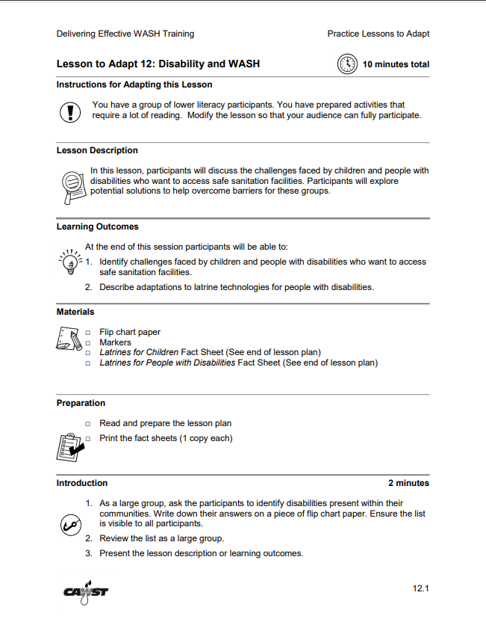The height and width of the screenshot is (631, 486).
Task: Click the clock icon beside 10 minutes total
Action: tap(348, 64)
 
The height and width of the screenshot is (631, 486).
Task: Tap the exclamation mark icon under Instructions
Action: tap(69, 111)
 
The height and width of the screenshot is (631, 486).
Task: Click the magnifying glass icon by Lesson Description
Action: tap(71, 185)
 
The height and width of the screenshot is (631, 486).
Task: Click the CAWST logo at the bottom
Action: tap(86, 590)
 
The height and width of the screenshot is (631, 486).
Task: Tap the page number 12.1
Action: tap(421, 588)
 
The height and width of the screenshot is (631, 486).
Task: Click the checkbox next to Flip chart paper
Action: tap(88, 333)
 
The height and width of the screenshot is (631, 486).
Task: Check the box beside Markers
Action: tap(88, 343)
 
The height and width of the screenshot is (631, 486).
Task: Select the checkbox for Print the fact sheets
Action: tap(88, 438)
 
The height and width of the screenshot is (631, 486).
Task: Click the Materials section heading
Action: tap(75, 312)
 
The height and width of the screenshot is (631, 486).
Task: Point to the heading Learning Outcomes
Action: tap(97, 227)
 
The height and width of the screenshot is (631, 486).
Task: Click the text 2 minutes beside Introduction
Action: tap(408, 483)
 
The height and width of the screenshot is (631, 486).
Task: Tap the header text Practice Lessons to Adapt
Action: tap(378, 34)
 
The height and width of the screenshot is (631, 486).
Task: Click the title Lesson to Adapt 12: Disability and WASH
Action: tap(158, 64)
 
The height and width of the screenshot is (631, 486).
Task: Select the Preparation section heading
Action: tap(81, 403)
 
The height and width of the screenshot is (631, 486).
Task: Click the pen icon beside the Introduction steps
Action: tap(69, 525)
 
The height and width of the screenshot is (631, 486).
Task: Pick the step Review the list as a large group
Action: tap(161, 538)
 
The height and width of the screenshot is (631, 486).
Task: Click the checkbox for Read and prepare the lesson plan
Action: tap(88, 423)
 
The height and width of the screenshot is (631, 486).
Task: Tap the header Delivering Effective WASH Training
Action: tap(125, 34)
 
